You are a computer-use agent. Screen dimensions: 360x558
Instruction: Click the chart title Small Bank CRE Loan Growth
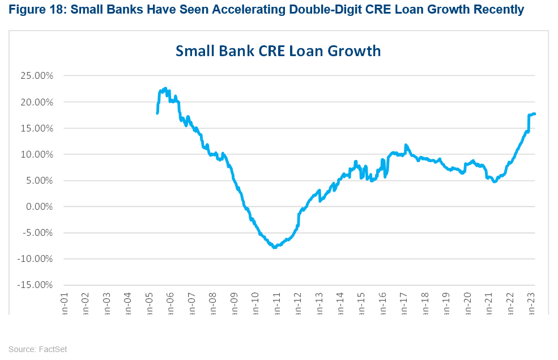pyautogui.click(x=278, y=51)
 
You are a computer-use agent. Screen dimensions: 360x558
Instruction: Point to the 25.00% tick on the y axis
pyautogui.click(x=37, y=76)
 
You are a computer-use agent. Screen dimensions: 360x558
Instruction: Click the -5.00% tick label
pyautogui.click(x=37, y=233)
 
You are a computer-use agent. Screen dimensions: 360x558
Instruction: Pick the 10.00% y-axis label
pyautogui.click(x=37, y=155)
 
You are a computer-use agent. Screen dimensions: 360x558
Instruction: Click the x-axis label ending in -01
pyautogui.click(x=63, y=303)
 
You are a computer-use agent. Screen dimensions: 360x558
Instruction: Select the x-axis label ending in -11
pyautogui.click(x=278, y=303)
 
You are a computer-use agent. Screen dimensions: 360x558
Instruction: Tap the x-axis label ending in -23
pyautogui.click(x=533, y=303)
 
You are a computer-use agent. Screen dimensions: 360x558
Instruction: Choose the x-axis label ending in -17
pyautogui.click(x=406, y=303)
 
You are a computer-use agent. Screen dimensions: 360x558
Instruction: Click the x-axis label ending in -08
pyautogui.click(x=214, y=303)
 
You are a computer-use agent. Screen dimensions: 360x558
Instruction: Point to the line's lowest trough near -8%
pyautogui.click(x=275, y=247)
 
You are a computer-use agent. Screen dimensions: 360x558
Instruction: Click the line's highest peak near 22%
pyautogui.click(x=165, y=88)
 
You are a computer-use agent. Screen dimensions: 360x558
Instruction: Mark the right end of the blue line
pyautogui.click(x=535, y=114)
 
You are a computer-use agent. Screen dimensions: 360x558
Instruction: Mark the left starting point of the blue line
pyautogui.click(x=157, y=113)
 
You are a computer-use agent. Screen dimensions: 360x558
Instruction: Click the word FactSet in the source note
pyautogui.click(x=53, y=349)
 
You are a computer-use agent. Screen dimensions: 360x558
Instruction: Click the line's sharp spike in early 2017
pyautogui.click(x=406, y=145)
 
